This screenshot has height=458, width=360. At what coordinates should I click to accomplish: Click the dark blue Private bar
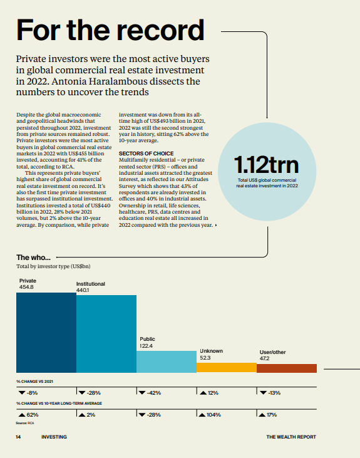tap(46, 333)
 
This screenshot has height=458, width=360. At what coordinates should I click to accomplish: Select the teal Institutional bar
tap(106, 333)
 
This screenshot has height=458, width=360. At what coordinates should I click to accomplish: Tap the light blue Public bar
tap(167, 362)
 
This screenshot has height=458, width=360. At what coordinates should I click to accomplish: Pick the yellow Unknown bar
tap(227, 367)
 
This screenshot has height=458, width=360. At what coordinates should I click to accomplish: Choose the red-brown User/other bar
tap(287, 368)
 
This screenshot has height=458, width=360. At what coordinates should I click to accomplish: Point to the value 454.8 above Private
tap(26, 287)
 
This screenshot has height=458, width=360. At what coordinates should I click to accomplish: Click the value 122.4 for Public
tap(146, 346)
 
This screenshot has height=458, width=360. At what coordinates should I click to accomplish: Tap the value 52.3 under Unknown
tap(205, 358)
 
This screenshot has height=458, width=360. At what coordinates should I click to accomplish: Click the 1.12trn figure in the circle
tap(266, 165)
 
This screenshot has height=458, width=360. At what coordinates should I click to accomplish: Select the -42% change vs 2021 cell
tap(150, 393)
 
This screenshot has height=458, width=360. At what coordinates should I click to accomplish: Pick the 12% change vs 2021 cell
tap(209, 393)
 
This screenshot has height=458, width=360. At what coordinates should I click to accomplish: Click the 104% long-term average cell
tap(210, 415)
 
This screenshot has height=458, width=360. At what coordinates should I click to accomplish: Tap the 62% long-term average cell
tap(28, 415)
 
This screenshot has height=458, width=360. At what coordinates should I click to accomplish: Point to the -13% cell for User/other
tap(270, 393)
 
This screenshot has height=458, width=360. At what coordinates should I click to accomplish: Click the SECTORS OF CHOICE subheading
tap(146, 154)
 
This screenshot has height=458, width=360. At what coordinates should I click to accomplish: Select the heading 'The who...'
tap(33, 258)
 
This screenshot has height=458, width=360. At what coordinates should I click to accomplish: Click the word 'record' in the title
tap(160, 30)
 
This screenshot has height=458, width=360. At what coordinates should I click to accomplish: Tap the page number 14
tap(18, 437)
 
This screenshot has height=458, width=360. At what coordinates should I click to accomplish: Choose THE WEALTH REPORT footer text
tap(291, 437)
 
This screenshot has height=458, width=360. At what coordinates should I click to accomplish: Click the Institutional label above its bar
tap(91, 284)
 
